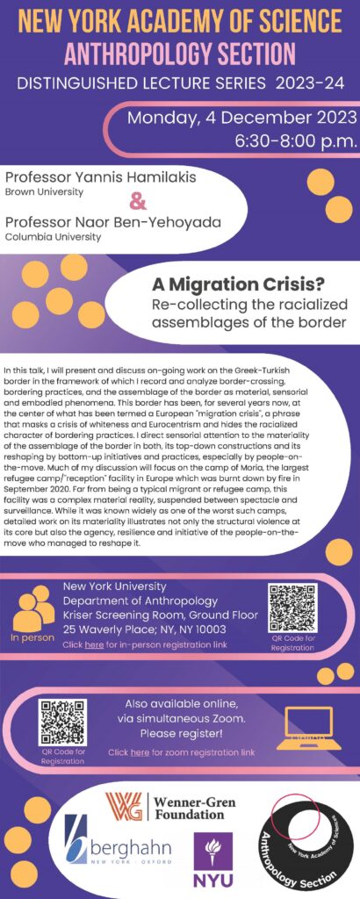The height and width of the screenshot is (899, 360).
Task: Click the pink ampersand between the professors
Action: point(138,202)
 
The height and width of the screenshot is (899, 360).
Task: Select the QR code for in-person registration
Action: point(292,607)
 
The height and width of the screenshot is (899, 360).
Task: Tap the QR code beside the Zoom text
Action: point(63,721)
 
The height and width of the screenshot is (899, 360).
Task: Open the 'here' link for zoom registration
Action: point(140,752)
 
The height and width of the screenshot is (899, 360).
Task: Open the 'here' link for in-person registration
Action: point(95,644)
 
